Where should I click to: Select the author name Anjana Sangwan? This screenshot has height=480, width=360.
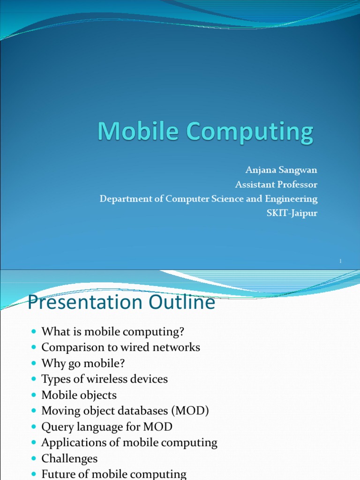point(281,170)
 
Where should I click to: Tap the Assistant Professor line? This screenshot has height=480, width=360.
point(276,184)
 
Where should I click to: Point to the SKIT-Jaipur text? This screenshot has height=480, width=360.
point(292,213)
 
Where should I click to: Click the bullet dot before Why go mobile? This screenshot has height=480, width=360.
point(33,364)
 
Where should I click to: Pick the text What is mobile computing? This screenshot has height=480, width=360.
point(113,332)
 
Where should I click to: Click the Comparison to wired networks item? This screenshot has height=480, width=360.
point(120,347)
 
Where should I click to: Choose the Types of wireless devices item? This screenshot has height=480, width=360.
point(105,379)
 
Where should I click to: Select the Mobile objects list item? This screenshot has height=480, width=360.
point(79,395)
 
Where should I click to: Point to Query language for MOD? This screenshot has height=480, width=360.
point(107,427)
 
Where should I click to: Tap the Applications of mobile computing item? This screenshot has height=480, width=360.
point(129,442)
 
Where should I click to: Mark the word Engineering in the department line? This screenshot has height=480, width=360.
point(291,198)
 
